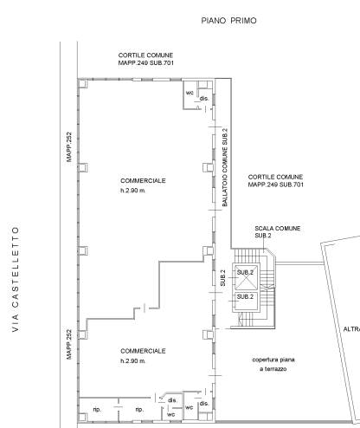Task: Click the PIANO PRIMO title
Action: coord(228,21)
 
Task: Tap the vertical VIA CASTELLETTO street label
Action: coord(16,279)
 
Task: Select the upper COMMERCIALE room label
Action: coord(143,181)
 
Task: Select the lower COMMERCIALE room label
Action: coord(143,351)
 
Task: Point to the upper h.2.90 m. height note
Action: coord(133,191)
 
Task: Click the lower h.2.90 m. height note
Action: coord(133,361)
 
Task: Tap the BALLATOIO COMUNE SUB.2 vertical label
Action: coord(225,167)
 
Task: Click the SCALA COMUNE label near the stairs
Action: coord(278,229)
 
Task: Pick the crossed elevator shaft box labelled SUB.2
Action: coord(245,277)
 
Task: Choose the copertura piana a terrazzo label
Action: coord(273,364)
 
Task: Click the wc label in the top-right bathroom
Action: coord(190,93)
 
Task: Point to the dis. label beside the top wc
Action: coord(204,99)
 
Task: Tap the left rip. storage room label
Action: coord(97,410)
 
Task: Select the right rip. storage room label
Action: coord(139,410)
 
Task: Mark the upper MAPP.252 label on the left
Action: coord(69,147)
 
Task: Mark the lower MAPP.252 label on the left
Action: coord(69,345)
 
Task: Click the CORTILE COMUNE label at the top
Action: coord(146,59)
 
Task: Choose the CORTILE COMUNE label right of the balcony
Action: coord(276,180)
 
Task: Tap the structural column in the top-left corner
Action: coord(83,84)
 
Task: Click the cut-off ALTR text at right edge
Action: coord(351,329)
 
